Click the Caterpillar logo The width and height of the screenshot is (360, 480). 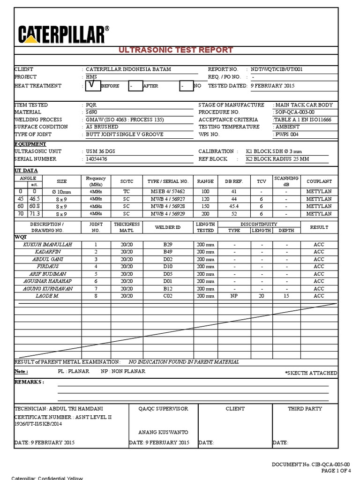pyautogui.click(x=64, y=35)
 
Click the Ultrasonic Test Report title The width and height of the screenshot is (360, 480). pyautogui.click(x=176, y=50)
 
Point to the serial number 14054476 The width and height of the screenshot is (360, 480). pyautogui.click(x=97, y=159)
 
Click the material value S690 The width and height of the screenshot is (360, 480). pyautogui.click(x=91, y=112)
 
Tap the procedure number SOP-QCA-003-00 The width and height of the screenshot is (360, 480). pyautogui.click(x=294, y=112)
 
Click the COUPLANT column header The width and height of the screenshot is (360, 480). pyautogui.click(x=319, y=181)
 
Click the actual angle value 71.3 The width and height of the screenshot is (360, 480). pyautogui.click(x=35, y=214)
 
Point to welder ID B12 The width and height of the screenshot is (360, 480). pyautogui.click(x=168, y=289)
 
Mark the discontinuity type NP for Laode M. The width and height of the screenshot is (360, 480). pyautogui.click(x=234, y=296)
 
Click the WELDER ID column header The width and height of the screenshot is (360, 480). pyautogui.click(x=168, y=227)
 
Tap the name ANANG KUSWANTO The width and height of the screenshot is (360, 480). pyautogui.click(x=163, y=432)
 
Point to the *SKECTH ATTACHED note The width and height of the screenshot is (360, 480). pyautogui.click(x=311, y=373)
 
